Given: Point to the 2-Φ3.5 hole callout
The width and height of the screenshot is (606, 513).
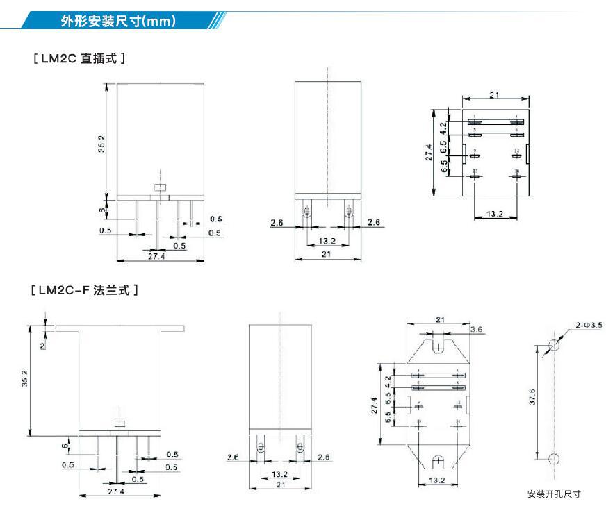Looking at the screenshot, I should click(x=588, y=325).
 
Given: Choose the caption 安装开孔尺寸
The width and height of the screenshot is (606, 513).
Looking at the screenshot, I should click(x=554, y=494).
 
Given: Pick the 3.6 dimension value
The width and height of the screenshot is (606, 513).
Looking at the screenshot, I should click(x=477, y=329).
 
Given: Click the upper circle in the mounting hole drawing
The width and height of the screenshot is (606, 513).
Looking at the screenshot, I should click(x=554, y=345).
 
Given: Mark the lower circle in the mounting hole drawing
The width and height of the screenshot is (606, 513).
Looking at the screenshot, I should click(x=554, y=459).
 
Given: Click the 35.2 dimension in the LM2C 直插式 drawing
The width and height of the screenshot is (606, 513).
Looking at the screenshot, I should click(x=101, y=144).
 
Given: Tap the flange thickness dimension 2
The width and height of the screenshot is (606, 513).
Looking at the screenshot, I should click(x=42, y=345).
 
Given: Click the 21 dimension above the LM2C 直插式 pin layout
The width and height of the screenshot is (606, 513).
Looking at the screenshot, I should click(x=494, y=95).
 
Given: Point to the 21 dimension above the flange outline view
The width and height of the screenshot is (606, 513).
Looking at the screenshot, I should click(x=439, y=319).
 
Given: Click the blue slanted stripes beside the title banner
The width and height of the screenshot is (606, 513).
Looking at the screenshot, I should click(x=217, y=21).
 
